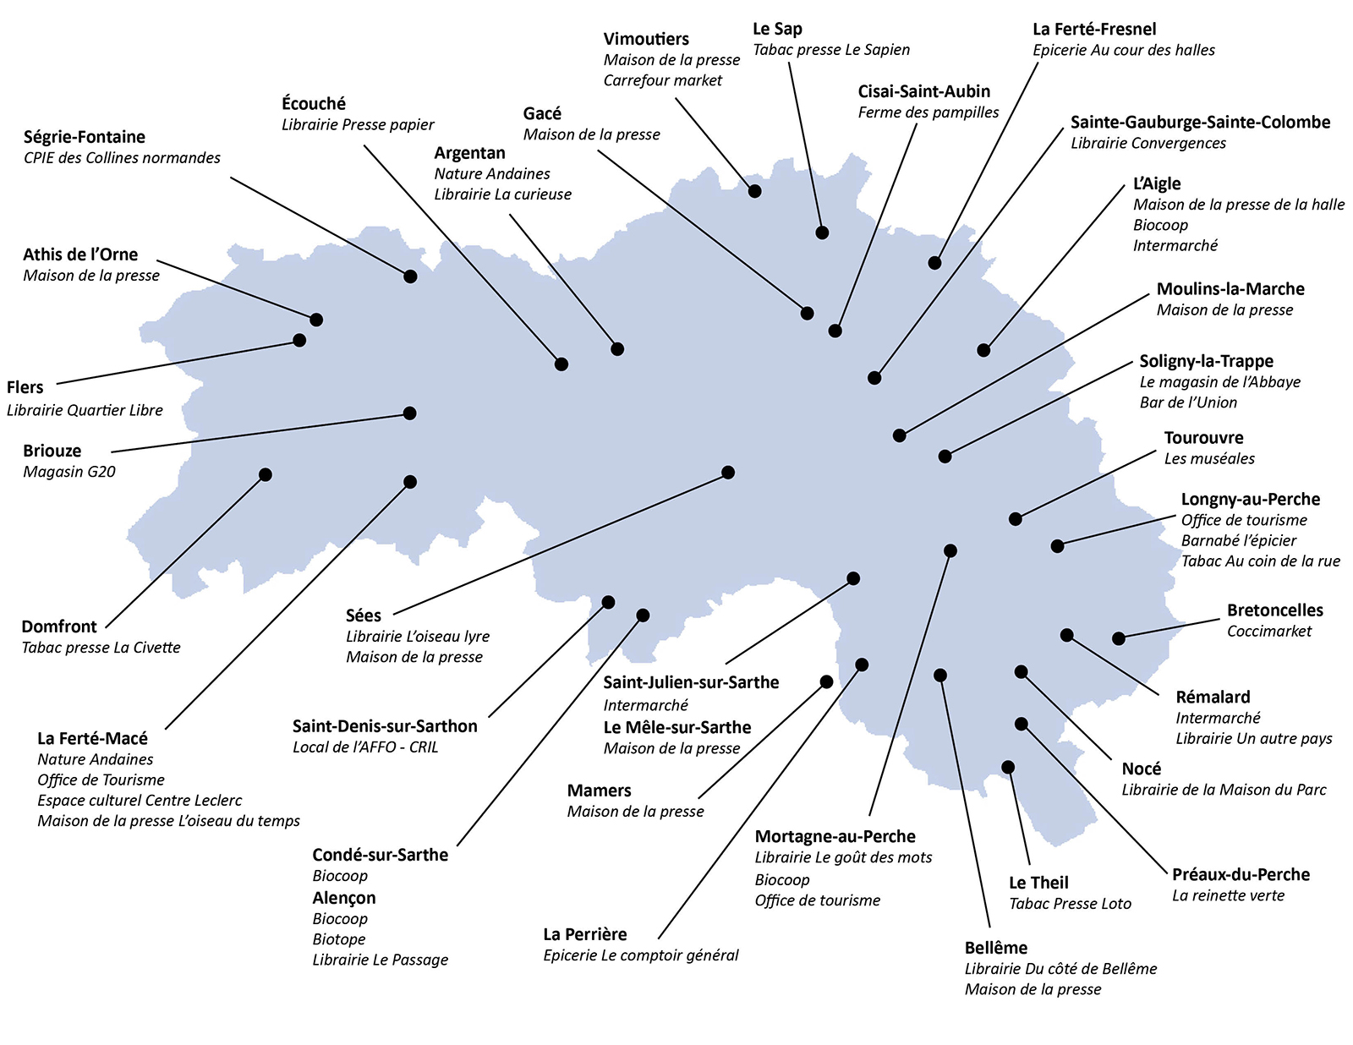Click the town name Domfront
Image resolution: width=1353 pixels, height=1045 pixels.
59,626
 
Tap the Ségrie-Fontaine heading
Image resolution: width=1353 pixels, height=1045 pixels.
85,137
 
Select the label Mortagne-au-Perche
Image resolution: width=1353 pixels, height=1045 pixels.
835,836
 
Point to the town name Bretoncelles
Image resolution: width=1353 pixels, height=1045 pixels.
1274,610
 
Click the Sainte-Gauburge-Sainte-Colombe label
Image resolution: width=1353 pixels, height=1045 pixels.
1200,123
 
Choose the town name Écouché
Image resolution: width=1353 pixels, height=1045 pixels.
314,104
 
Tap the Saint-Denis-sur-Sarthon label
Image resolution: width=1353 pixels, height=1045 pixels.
385,726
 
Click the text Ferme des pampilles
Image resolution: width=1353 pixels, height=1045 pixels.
928,112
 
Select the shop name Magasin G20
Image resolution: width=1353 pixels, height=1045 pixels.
69,472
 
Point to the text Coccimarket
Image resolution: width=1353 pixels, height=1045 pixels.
1268,632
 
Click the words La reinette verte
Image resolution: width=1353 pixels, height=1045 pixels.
1228,895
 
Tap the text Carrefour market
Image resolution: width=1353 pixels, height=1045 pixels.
663,80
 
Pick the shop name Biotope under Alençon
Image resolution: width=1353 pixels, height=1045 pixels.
339,939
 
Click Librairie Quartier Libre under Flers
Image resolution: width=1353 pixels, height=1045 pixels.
85,410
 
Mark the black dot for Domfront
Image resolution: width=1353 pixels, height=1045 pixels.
266,474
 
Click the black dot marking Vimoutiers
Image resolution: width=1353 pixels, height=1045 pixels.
754,191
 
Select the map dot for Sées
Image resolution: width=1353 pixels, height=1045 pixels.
728,472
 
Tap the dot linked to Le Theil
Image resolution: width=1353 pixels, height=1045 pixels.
1008,767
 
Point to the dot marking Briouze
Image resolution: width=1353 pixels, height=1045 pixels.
410,413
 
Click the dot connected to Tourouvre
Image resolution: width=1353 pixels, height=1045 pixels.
1016,518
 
